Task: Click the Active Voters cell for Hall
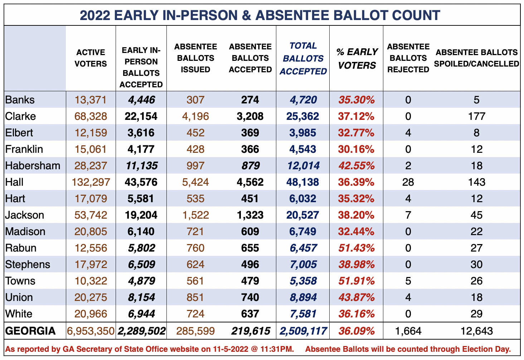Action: [x=91, y=182]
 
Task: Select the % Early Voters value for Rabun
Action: [x=356, y=248]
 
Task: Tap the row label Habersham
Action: [x=33, y=166]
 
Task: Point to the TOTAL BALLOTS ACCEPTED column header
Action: [x=303, y=58]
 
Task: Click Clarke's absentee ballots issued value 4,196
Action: [x=195, y=116]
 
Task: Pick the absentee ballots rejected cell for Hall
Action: [x=408, y=182]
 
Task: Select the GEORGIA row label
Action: [x=30, y=331]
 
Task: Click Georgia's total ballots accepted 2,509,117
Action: [x=303, y=331]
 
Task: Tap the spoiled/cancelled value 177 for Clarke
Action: [x=476, y=116]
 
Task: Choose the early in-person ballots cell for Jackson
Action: [x=141, y=215]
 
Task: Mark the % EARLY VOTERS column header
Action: [x=356, y=58]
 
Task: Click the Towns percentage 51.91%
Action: [x=356, y=281]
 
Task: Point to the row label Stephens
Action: [x=28, y=264]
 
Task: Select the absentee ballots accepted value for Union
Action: [x=250, y=297]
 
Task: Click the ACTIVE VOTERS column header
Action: [x=91, y=58]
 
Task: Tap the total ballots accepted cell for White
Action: [x=303, y=314]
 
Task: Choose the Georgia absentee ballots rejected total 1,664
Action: [x=408, y=331]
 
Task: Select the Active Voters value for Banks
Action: [x=91, y=100]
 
